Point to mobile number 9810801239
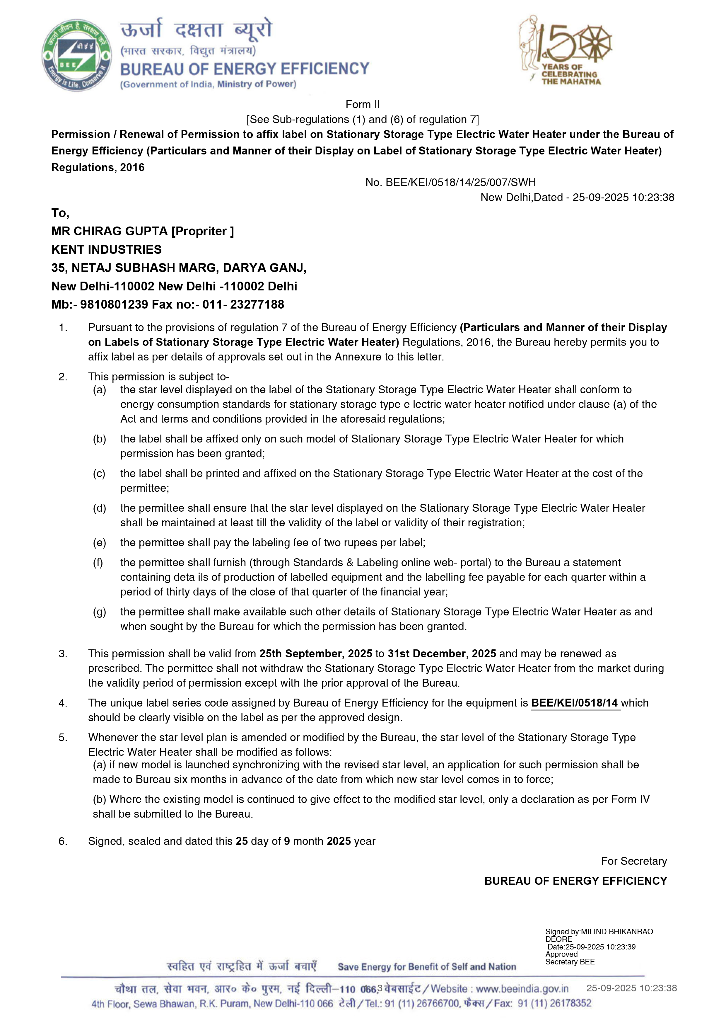[114, 304]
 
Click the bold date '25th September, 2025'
[315, 654]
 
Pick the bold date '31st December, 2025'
[442, 654]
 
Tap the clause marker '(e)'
[99, 543]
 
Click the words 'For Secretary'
[633, 861]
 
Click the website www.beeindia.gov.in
[522, 989]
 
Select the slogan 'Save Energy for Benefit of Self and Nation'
[427, 967]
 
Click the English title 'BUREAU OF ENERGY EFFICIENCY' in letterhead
[245, 69]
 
